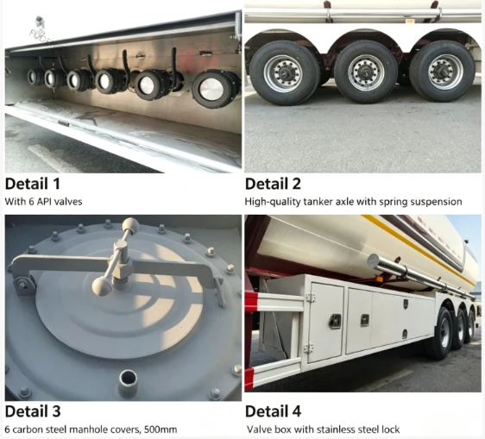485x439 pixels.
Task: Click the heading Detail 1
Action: [x=32, y=184]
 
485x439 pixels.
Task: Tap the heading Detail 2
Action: [x=273, y=184]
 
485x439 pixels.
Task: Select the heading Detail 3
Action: [x=33, y=411]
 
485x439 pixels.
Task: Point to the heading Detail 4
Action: [x=273, y=411]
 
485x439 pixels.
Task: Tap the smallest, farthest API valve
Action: [x=33, y=77]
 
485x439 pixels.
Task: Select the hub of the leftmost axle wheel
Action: [x=283, y=74]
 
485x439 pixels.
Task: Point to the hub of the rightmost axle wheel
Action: [x=445, y=71]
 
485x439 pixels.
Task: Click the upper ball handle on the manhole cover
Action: [x=131, y=226]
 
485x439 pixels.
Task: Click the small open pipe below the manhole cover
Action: [x=128, y=382]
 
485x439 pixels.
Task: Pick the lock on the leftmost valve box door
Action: [x=335, y=322]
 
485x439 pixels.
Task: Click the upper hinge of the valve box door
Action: [x=310, y=298]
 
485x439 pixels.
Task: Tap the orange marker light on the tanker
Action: [x=379, y=279]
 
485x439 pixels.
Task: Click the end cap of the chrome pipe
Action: [x=374, y=261]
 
